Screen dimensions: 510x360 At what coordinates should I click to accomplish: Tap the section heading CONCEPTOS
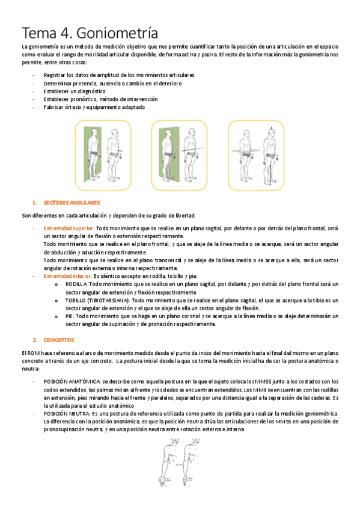tap(58, 340)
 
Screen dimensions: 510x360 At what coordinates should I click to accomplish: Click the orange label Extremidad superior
tap(69, 229)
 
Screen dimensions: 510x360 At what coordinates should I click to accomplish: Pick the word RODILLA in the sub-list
tap(76, 283)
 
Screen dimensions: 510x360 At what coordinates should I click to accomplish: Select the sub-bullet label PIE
tap(70, 316)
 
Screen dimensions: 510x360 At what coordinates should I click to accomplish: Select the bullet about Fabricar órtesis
tap(94, 107)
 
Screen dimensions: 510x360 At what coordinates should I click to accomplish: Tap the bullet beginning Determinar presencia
tap(112, 83)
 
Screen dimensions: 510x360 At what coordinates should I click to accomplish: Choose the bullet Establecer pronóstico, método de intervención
tap(100, 99)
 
